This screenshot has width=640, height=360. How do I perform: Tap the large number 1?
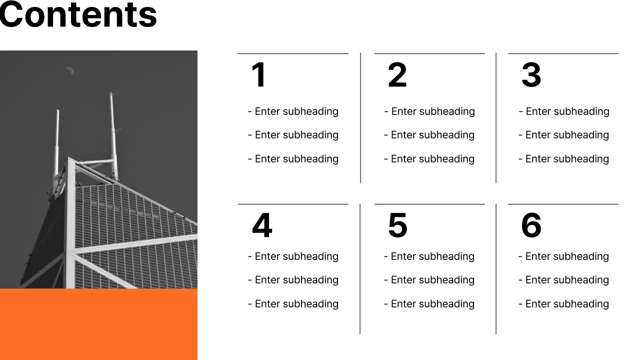point(258,75)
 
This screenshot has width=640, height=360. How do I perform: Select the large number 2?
point(397,75)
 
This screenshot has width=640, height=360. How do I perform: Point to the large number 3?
point(531,75)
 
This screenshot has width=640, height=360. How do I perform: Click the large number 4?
point(262,225)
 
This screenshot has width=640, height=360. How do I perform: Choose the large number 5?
point(397,225)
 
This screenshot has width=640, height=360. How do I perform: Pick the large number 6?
point(531,225)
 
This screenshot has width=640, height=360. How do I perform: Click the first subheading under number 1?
point(293,111)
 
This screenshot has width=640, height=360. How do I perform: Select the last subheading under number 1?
point(293,159)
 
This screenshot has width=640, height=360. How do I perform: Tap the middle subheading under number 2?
point(429,135)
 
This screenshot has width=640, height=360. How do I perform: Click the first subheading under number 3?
point(564,111)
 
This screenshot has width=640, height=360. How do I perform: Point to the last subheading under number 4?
point(293,304)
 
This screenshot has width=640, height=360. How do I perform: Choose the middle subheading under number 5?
point(429,280)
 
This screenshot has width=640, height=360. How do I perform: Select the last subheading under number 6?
point(563,304)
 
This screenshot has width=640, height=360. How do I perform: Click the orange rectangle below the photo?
point(98,324)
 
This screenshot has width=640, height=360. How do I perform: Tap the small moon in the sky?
point(69,71)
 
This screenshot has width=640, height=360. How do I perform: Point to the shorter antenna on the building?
point(56,145)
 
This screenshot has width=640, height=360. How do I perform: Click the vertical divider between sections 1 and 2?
point(360,118)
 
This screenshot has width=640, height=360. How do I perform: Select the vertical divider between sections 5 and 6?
point(496,268)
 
